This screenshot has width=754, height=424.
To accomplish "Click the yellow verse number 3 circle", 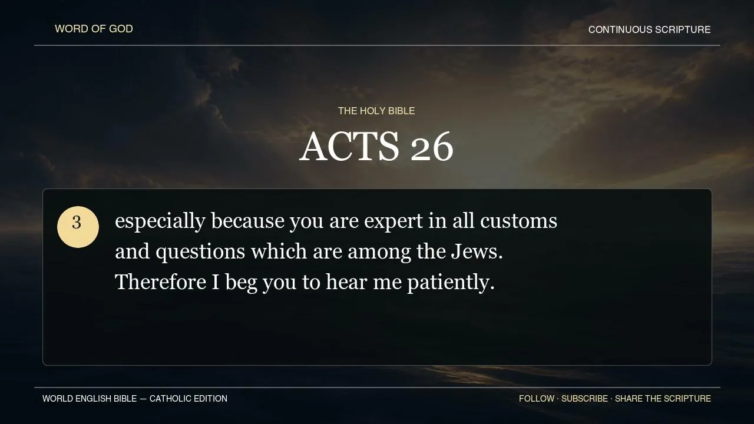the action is (x=78, y=227).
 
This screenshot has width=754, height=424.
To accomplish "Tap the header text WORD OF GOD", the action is (x=94, y=29).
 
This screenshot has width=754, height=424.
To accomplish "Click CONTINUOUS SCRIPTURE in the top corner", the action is (x=649, y=29).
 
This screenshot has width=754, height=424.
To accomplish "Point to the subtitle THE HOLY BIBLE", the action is (x=376, y=111).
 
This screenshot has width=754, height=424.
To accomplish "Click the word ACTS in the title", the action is (x=349, y=147).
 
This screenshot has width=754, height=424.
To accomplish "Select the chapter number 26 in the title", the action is (x=432, y=147).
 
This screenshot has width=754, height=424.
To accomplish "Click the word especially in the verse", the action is (x=160, y=221).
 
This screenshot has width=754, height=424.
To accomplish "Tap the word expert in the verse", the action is (x=393, y=222).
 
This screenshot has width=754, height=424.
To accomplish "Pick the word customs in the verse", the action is (x=518, y=221).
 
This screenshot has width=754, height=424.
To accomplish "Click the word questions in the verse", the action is (x=200, y=252).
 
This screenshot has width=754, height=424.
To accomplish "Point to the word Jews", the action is (x=477, y=251).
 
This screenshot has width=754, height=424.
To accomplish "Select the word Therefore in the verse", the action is (x=161, y=281).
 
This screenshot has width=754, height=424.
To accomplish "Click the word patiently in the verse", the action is (x=451, y=283).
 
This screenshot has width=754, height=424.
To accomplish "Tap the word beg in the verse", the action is (x=241, y=283).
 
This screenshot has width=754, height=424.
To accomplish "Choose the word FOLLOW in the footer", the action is (x=537, y=399).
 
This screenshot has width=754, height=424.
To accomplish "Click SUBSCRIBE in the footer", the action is (x=585, y=399).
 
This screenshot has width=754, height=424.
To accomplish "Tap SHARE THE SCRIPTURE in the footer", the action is (x=663, y=399).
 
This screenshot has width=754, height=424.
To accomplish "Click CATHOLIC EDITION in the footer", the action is (x=188, y=399).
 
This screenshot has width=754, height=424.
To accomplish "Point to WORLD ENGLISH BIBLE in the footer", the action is (x=90, y=399).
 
